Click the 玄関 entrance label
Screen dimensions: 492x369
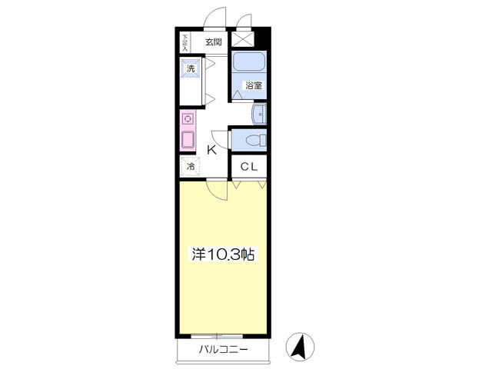(x=214, y=42)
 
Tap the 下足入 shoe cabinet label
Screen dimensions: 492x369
(x=185, y=43)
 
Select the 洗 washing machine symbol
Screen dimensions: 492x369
(x=191, y=68)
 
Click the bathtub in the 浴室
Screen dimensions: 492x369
(x=249, y=61)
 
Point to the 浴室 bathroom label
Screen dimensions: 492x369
(x=254, y=85)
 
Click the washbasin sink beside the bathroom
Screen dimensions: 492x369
(x=259, y=115)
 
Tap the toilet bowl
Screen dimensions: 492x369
(x=256, y=140)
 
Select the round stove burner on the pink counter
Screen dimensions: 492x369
(x=188, y=119)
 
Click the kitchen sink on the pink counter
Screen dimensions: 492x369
(x=188, y=139)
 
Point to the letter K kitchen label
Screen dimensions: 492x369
(x=212, y=151)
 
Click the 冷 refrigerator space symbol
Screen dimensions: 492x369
(x=191, y=166)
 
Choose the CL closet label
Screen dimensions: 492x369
(x=249, y=167)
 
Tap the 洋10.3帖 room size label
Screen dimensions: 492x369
(x=223, y=254)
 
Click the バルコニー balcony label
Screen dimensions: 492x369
(x=224, y=349)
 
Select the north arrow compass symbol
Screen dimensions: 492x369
(x=300, y=347)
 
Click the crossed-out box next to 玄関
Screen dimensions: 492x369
(x=242, y=39)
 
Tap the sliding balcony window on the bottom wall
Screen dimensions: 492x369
(x=217, y=336)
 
